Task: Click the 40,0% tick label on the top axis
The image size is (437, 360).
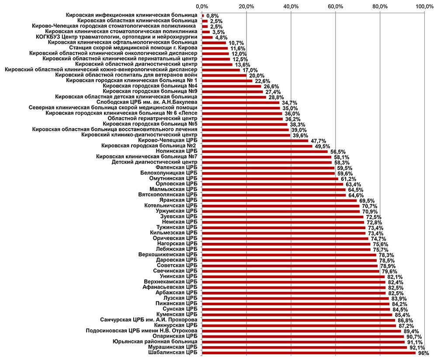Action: tap(291, 6)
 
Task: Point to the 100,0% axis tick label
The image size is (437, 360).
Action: tap(424, 6)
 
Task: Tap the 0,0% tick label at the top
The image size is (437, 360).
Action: tap(202, 6)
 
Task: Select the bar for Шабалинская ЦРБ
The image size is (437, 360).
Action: tap(309, 353)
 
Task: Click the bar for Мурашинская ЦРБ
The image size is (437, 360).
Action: tap(304, 347)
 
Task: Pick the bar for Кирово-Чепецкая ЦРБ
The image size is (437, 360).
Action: tap(255, 140)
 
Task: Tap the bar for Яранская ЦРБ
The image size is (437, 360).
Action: tap(279, 200)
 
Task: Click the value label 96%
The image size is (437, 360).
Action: tap(423, 353)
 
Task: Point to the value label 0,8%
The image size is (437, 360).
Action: tap(213, 16)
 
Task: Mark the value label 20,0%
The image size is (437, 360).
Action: tap(256, 75)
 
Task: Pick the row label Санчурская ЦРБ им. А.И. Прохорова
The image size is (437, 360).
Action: tap(149, 320)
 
